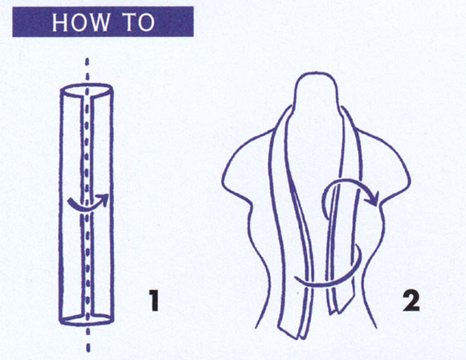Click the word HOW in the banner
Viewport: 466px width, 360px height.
pyautogui.click(x=80, y=22)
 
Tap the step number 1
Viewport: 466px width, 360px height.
pyautogui.click(x=153, y=301)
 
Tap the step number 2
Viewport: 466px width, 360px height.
pyautogui.click(x=411, y=301)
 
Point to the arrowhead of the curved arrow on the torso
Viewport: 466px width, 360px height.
pyautogui.click(x=374, y=198)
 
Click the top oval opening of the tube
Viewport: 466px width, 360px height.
pyautogui.click(x=87, y=90)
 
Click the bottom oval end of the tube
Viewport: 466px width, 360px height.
pyautogui.click(x=87, y=319)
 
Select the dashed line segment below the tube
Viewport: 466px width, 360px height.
pyautogui.click(x=88, y=340)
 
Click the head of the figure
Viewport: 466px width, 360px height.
pyautogui.click(x=317, y=89)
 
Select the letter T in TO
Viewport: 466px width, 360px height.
pyautogui.click(x=129, y=22)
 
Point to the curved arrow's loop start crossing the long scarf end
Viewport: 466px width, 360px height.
pyautogui.click(x=306, y=283)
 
